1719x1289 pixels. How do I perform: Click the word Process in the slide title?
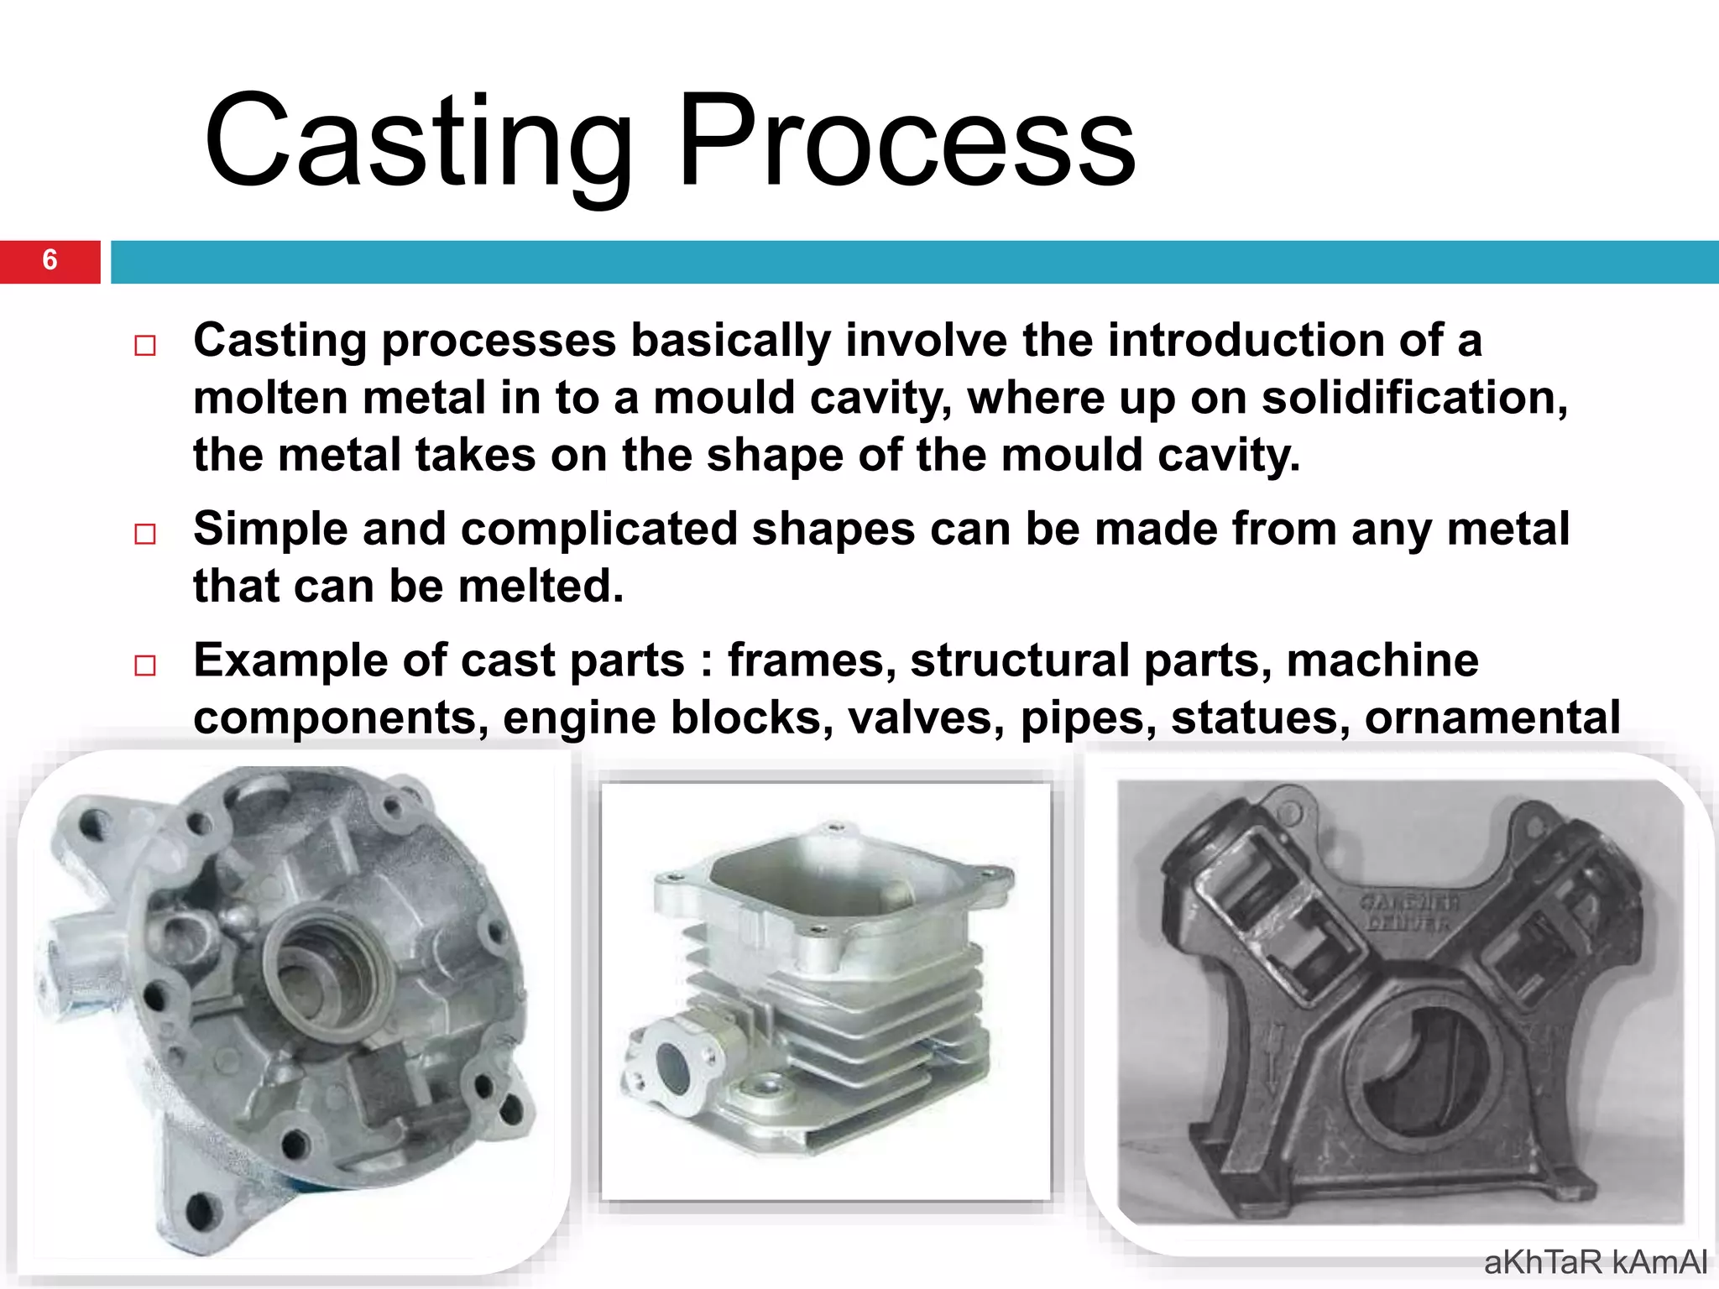pos(907,143)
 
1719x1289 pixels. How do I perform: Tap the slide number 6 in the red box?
pos(50,260)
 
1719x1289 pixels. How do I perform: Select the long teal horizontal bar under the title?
pos(915,262)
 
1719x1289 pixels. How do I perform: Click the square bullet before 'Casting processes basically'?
pos(145,346)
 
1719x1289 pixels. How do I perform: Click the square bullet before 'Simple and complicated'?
pos(145,534)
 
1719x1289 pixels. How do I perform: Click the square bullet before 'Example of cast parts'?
pos(145,665)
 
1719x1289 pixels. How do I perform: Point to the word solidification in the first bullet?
pos(1414,398)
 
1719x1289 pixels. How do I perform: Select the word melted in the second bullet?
pos(540,586)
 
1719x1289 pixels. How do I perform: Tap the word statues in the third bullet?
pos(1259,718)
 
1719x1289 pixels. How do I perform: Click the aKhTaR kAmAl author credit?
pos(1595,1262)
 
